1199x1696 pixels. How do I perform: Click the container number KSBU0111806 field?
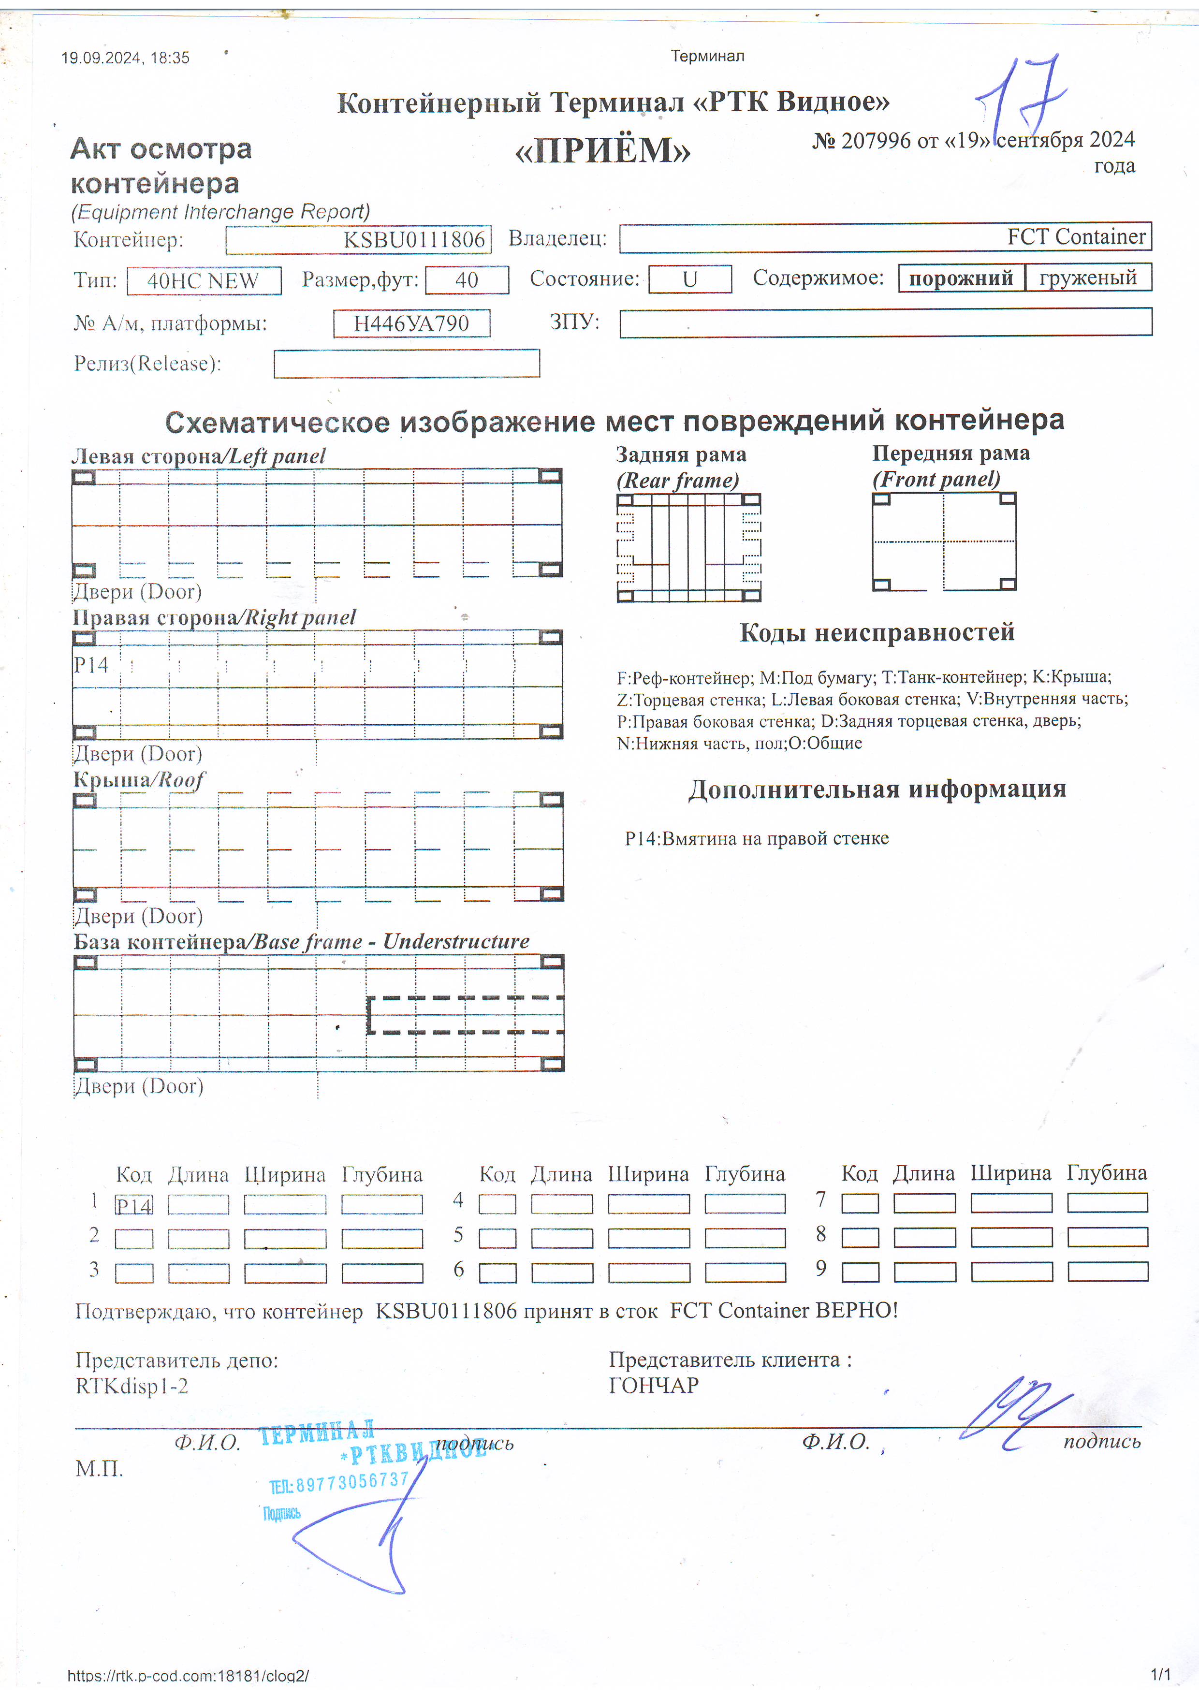coord(358,239)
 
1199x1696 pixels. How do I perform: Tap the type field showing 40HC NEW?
coord(204,281)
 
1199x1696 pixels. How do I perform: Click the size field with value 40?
coord(467,280)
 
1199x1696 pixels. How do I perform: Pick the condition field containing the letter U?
coord(690,279)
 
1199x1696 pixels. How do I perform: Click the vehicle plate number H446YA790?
coord(411,323)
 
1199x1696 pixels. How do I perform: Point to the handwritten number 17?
coord(1023,96)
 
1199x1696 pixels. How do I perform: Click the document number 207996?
coord(876,140)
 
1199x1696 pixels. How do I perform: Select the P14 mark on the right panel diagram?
coord(91,665)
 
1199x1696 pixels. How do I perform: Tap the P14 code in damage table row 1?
coord(134,1205)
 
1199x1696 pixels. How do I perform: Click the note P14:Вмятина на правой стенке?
coord(757,838)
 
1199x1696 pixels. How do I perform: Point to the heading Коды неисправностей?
coord(877,632)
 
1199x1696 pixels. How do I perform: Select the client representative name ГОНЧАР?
coord(654,1385)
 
